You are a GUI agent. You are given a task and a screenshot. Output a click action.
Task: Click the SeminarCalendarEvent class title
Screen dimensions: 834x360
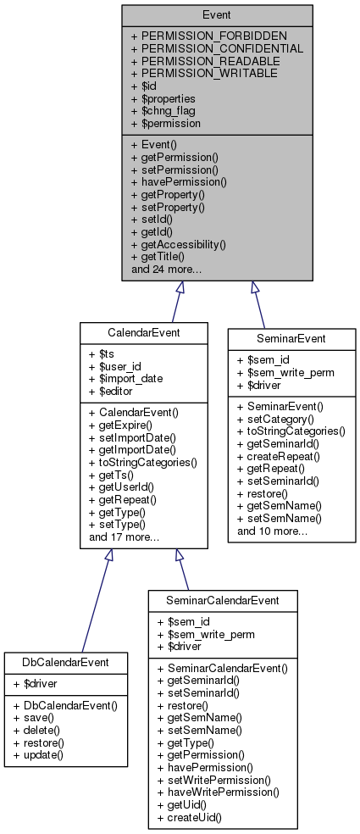[223, 599]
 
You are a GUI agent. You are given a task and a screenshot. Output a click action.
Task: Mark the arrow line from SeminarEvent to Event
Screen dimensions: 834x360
[258, 305]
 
